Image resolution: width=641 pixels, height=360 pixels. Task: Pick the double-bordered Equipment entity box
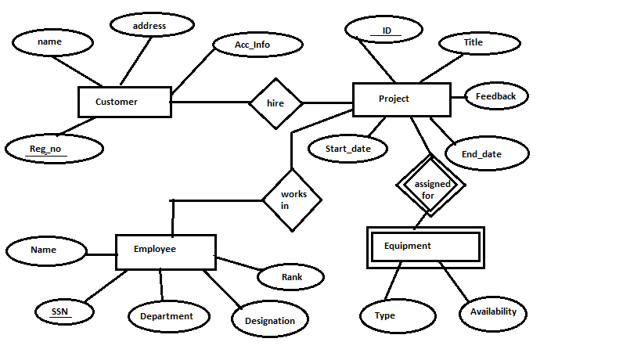pos(425,246)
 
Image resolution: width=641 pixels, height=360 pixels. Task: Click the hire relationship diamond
pos(275,103)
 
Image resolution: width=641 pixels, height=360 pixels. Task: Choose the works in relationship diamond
pos(291,200)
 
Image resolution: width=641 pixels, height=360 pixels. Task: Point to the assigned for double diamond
pos(430,189)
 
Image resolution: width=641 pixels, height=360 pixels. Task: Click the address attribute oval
pos(149,26)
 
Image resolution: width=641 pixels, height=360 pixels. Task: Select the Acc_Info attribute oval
pos(252,45)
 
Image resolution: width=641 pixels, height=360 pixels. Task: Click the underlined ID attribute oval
pos(384,31)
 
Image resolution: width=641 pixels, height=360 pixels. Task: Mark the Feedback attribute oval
pos(497,96)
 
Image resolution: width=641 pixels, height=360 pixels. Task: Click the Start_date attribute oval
pos(347,148)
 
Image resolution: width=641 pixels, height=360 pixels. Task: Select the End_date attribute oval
pos(481,153)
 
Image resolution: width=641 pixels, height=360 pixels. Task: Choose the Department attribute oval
pos(167,316)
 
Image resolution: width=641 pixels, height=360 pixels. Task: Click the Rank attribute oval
pos(291,276)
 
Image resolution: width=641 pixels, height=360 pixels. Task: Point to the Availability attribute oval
pos(494,311)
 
